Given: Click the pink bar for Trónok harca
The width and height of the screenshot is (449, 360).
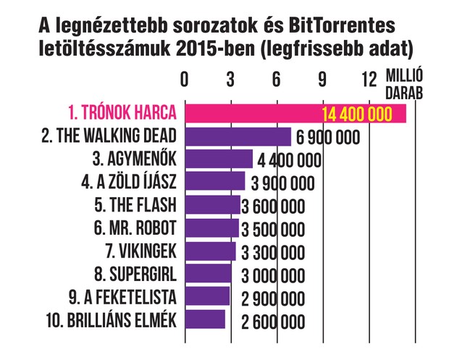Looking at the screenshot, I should coord(253,114).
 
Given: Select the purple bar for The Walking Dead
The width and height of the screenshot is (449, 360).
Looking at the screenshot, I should coord(238,137).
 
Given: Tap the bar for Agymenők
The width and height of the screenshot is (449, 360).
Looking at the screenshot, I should coord(219,159).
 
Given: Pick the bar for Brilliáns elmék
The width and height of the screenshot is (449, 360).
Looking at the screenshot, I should coord(205,319).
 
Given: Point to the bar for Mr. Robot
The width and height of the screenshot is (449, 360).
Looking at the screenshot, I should coord(211,228).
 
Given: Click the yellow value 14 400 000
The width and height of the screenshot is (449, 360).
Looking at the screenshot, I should coord(354,114).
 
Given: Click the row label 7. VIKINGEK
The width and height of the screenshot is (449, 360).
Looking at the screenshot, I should coord(137,251).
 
